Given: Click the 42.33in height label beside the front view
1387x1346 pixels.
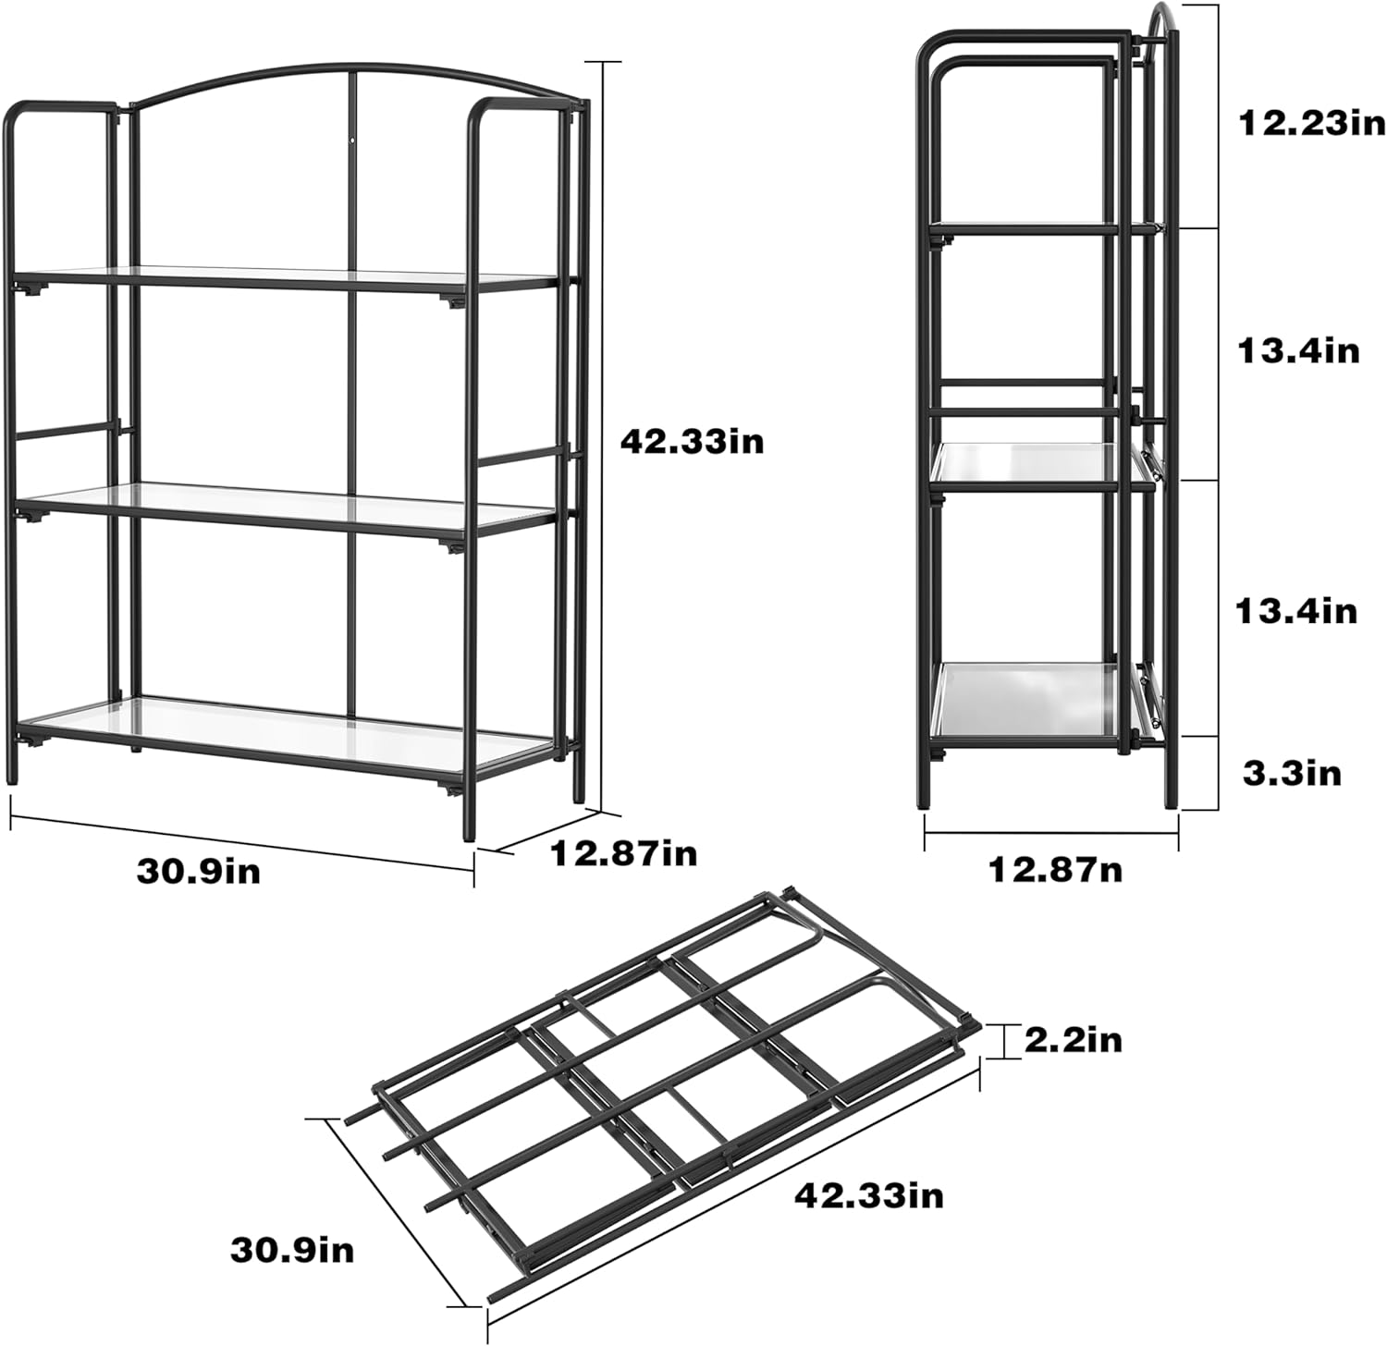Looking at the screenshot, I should (x=692, y=441).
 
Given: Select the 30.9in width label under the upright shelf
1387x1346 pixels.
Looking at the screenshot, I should (x=199, y=870).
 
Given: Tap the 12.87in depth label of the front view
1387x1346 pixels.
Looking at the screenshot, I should (x=623, y=852).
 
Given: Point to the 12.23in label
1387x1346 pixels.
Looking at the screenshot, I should (x=1311, y=123).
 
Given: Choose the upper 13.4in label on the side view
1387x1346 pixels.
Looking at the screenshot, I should (x=1298, y=350).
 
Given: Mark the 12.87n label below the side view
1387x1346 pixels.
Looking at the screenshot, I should (x=1056, y=869).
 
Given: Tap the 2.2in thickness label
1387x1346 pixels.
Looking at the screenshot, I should (x=1073, y=1040).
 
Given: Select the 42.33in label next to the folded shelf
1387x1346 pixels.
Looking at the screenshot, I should (x=869, y=1195).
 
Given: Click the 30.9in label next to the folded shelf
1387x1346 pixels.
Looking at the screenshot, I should (x=292, y=1251).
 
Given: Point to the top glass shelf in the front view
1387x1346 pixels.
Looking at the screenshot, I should (x=287, y=279).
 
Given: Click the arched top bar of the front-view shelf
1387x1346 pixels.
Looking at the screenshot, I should (x=351, y=71).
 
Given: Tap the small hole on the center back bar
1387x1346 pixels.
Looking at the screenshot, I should (x=352, y=141).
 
